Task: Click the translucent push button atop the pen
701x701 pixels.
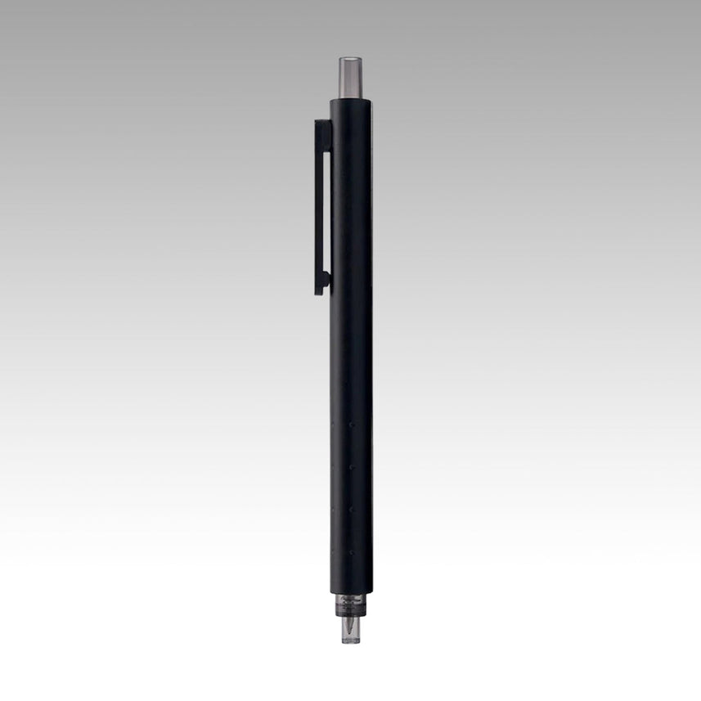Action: coord(350,77)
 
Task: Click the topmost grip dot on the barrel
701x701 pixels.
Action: coord(351,426)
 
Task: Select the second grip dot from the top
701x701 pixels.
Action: coord(351,467)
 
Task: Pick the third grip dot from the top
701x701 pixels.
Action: coord(351,508)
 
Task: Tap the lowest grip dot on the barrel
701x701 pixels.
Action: coord(351,549)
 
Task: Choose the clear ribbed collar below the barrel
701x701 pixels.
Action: coord(350,608)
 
